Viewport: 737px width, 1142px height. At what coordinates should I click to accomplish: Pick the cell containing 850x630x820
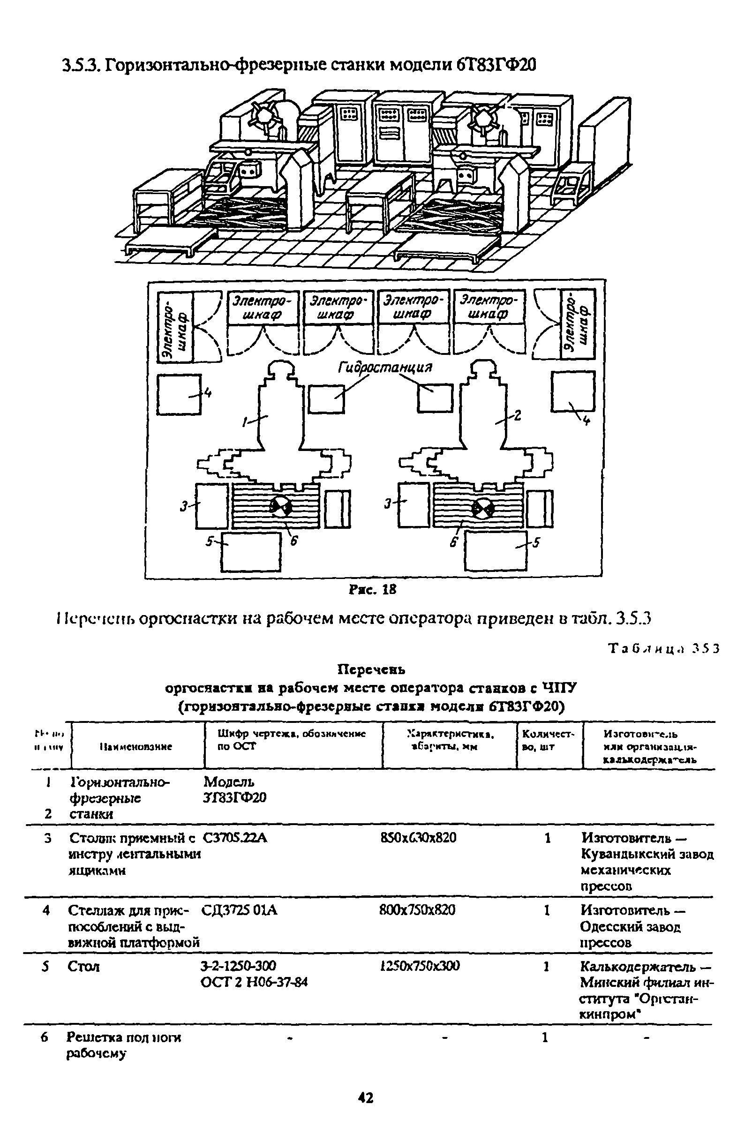coord(418,838)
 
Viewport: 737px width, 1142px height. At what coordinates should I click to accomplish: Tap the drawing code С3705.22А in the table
coord(235,838)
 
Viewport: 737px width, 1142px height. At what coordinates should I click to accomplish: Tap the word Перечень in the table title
coord(371,669)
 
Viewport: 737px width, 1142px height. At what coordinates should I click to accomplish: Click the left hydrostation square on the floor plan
coord(326,398)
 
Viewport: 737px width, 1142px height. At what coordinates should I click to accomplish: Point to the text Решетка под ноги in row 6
coord(123,1038)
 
